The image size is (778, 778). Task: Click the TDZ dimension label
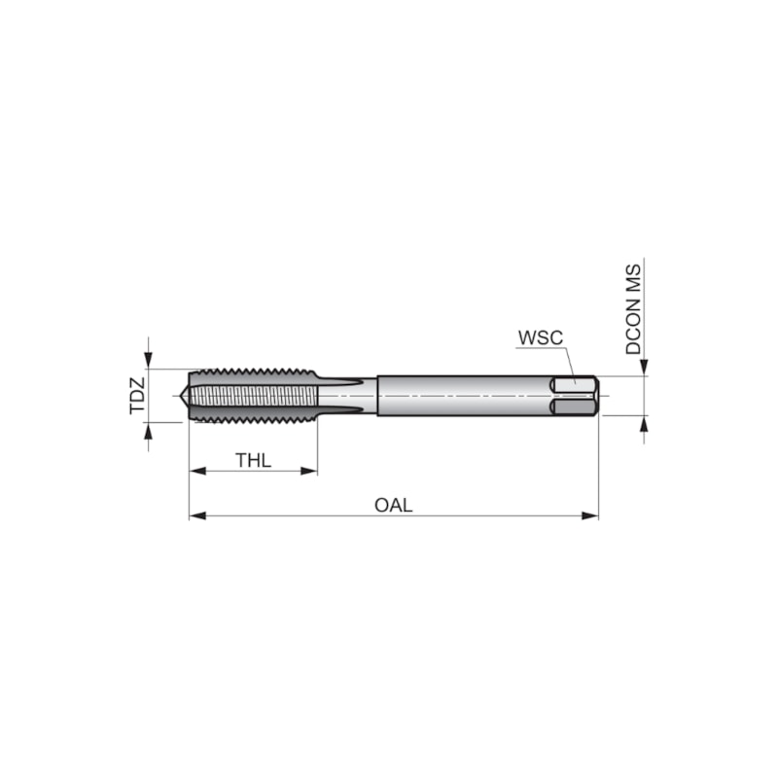pos(137,396)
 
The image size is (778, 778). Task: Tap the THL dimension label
pos(253,460)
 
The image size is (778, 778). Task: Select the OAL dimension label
pos(394,505)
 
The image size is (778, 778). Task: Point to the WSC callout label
pos(541,337)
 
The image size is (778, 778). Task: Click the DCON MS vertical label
pos(633,309)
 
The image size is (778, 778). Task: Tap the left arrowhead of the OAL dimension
pos(197,516)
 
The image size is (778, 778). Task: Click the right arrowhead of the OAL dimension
pos(590,516)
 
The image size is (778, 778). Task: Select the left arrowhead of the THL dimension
pos(197,471)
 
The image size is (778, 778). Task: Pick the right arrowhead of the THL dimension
pos(309,471)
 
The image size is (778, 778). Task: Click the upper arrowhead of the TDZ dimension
pos(148,360)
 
